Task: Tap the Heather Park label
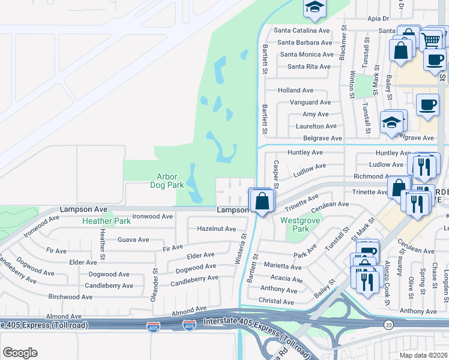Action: pyautogui.click(x=106, y=221)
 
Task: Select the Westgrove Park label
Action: pyautogui.click(x=295, y=224)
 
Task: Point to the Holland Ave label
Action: pyautogui.click(x=295, y=90)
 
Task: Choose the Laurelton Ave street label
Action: pyautogui.click(x=316, y=126)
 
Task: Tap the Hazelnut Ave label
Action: pyautogui.click(x=217, y=229)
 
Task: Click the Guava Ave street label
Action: pyautogui.click(x=133, y=239)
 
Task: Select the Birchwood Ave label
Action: pyautogui.click(x=71, y=296)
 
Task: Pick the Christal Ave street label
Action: pyautogui.click(x=278, y=300)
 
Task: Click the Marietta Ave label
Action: pyautogui.click(x=283, y=265)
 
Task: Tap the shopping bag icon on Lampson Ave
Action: pyautogui.click(x=262, y=201)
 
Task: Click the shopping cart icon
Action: pyautogui.click(x=432, y=40)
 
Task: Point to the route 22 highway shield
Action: pyautogui.click(x=389, y=324)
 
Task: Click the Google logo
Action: pyautogui.click(x=20, y=353)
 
